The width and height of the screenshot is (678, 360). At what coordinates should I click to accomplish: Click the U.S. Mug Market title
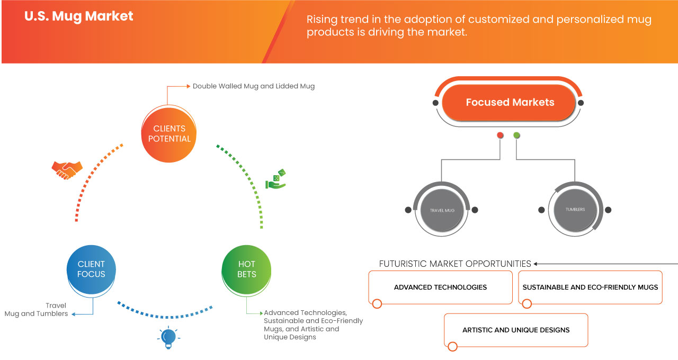pyautogui.click(x=79, y=16)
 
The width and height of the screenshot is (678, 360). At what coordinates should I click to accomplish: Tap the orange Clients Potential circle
pyautogui.click(x=169, y=133)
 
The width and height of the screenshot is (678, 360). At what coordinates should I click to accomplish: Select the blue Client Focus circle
pyautogui.click(x=91, y=269)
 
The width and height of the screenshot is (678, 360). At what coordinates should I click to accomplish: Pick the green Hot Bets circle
pyautogui.click(x=246, y=269)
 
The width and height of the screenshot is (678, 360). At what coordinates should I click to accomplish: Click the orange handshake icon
pyautogui.click(x=67, y=169)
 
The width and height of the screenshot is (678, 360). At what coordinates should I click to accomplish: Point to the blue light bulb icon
pyautogui.click(x=168, y=337)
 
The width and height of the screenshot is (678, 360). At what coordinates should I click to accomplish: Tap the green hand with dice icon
pyautogui.click(x=276, y=179)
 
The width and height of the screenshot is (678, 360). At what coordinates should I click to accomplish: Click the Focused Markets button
pyautogui.click(x=510, y=103)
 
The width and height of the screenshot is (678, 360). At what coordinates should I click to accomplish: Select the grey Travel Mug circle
pyautogui.click(x=442, y=210)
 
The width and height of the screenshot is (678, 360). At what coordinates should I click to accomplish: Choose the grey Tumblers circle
pyautogui.click(x=575, y=210)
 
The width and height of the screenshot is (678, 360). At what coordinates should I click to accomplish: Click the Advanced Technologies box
pyautogui.click(x=440, y=287)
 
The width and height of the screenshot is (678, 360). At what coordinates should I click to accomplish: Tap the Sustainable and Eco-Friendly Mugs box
pyautogui.click(x=590, y=287)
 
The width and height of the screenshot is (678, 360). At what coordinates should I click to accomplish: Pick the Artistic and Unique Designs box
pyautogui.click(x=516, y=330)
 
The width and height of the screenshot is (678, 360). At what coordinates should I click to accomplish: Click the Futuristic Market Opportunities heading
pyautogui.click(x=455, y=264)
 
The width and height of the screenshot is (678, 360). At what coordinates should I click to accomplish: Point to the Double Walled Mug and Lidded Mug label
pyautogui.click(x=253, y=86)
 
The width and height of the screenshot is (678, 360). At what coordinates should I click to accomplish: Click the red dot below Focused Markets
pyautogui.click(x=500, y=136)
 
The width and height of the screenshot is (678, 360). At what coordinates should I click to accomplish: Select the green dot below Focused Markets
pyautogui.click(x=516, y=136)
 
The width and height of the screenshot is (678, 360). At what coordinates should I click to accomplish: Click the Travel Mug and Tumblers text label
pyautogui.click(x=37, y=310)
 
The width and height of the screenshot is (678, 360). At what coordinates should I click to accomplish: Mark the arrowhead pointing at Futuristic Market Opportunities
pyautogui.click(x=536, y=264)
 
